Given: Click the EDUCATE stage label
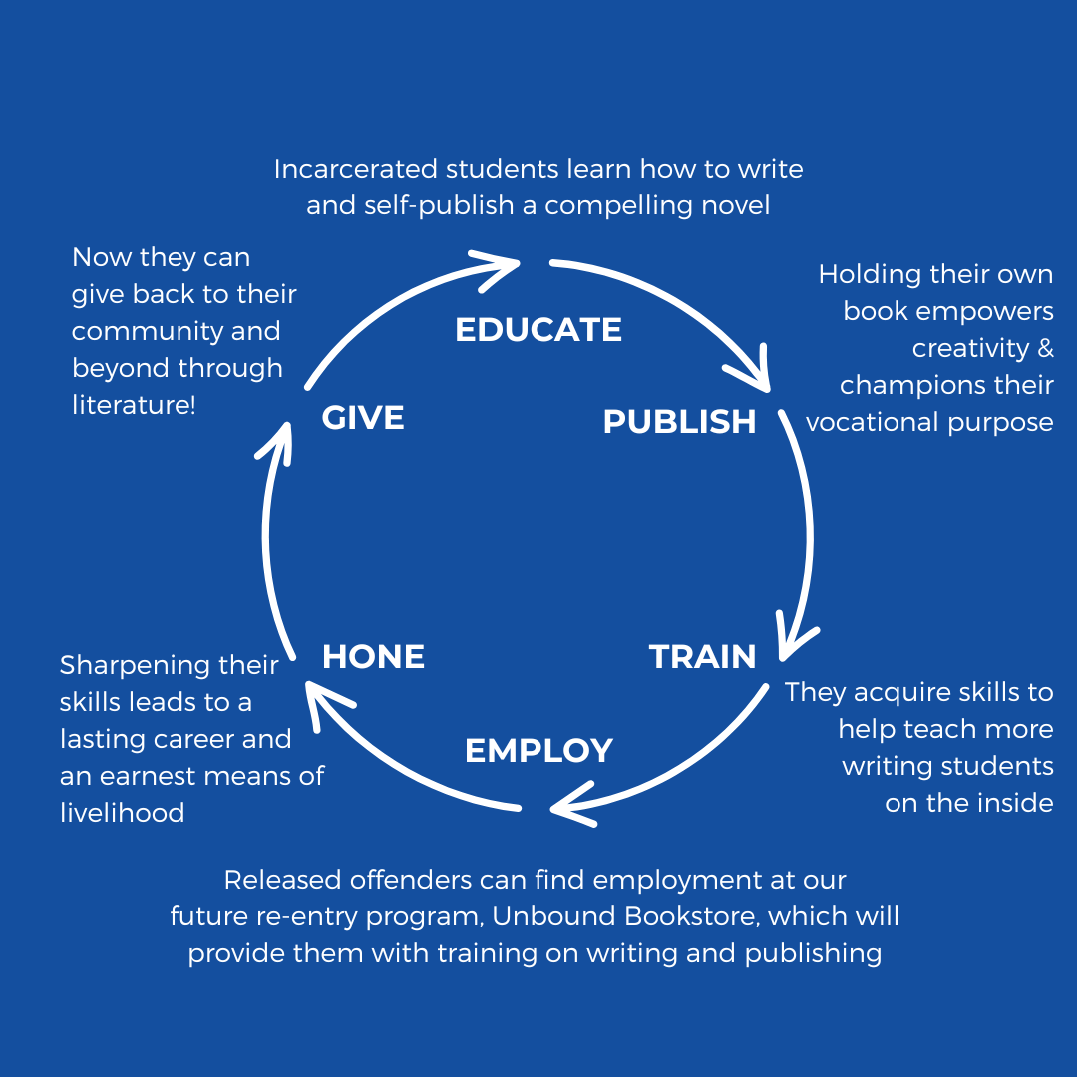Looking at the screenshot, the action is click(538, 330).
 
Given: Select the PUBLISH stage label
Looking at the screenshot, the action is click(679, 422).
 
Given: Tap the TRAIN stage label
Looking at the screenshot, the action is click(702, 657).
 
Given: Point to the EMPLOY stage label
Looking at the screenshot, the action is click(538, 750).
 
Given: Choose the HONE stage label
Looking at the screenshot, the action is click(373, 657).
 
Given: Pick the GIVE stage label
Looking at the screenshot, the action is click(363, 417).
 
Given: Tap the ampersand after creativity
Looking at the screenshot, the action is click(1044, 348).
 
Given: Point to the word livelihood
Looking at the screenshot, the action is click(123, 813).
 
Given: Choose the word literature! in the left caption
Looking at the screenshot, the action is click(135, 405).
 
